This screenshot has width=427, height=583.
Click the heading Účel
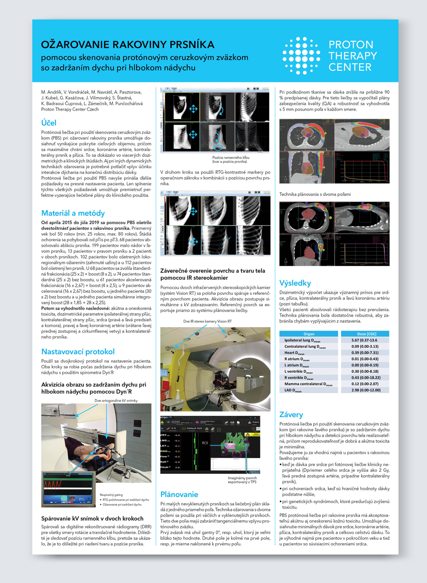pos(49,122)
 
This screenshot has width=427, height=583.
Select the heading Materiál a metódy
pos(73,213)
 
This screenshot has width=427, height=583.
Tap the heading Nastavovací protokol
pos(78,352)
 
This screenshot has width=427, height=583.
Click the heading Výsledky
pos(295,283)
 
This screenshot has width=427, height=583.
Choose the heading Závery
pos(291,414)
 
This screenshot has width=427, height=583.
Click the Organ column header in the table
pos(308,334)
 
